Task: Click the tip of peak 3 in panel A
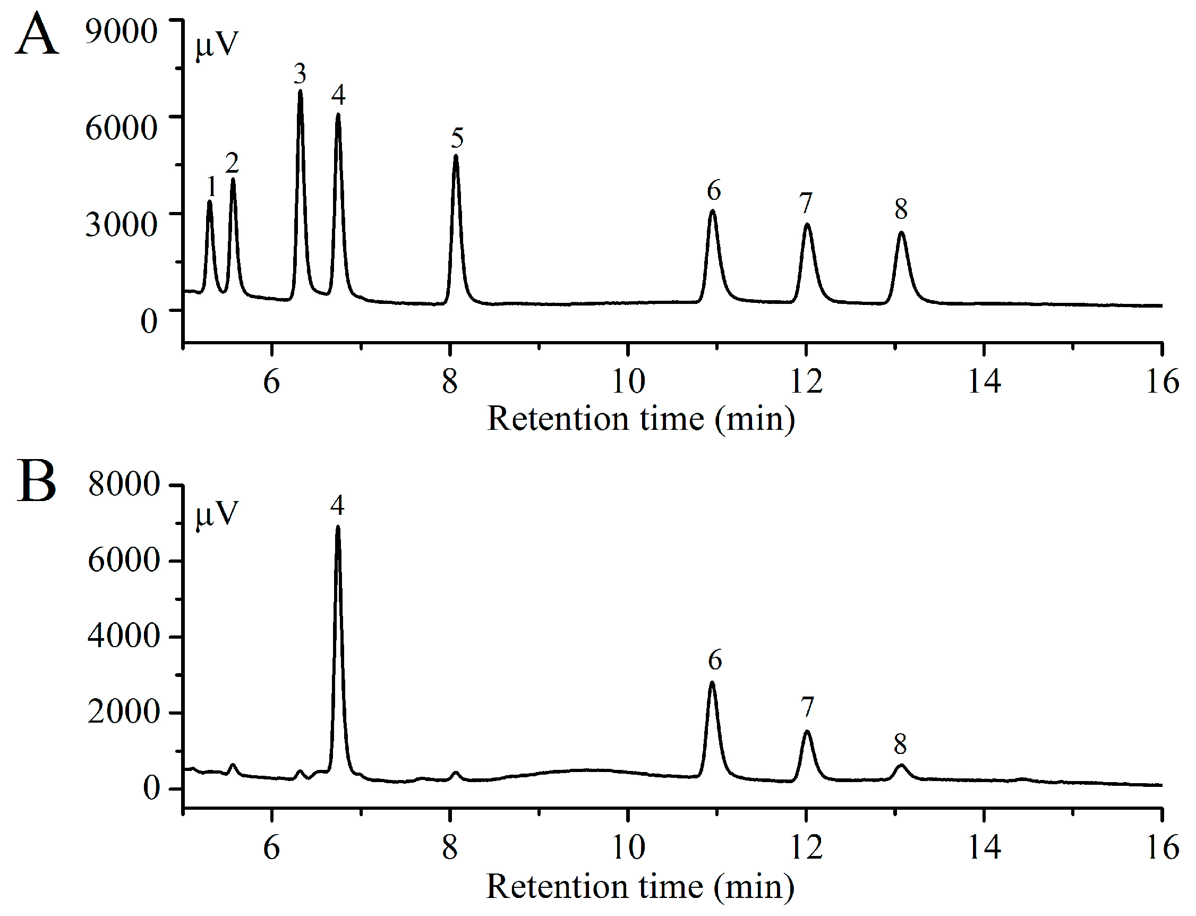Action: tap(300, 91)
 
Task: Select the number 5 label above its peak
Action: tap(457, 138)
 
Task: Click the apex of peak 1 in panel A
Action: tap(210, 202)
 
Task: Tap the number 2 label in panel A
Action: tap(232, 163)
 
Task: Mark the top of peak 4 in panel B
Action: tap(338, 527)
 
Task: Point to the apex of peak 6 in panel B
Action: tap(712, 683)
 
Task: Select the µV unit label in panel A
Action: tap(217, 45)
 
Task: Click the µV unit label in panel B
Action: tap(217, 514)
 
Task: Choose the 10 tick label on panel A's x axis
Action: tap(628, 381)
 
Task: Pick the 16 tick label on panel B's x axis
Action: tap(1161, 849)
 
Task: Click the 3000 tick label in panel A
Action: tap(121, 224)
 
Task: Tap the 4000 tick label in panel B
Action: tap(124, 636)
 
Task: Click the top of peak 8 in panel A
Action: tap(901, 233)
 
